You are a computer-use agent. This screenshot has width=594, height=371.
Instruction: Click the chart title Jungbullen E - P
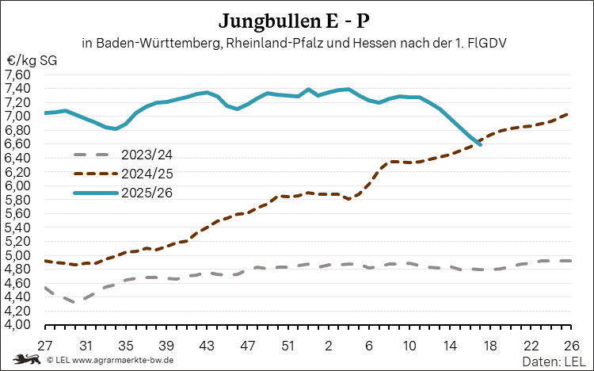tap(296, 19)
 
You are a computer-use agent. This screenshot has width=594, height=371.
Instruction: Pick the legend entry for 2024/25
tap(146, 173)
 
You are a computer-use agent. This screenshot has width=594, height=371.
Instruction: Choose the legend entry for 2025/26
tap(146, 192)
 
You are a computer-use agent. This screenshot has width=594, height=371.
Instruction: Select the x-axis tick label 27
tap(45, 346)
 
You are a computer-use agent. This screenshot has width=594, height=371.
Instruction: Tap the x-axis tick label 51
tap(288, 346)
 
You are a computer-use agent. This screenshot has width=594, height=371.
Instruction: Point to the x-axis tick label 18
tap(489, 346)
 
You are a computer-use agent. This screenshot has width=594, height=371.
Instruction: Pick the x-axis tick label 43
tap(207, 346)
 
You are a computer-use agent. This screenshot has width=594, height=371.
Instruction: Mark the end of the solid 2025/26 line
tap(480, 144)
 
